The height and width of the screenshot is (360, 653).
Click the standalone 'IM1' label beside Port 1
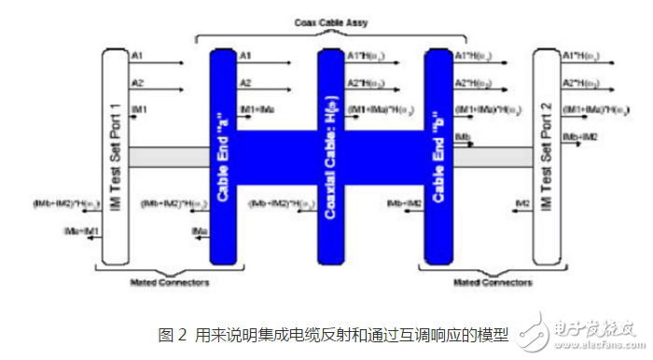(x=141, y=109)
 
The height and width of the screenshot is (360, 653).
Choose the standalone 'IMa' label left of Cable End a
(x=199, y=228)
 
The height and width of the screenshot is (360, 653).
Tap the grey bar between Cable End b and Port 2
(x=492, y=156)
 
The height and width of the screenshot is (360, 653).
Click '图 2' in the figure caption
(x=171, y=333)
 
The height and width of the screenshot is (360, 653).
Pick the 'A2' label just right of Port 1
(x=139, y=82)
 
